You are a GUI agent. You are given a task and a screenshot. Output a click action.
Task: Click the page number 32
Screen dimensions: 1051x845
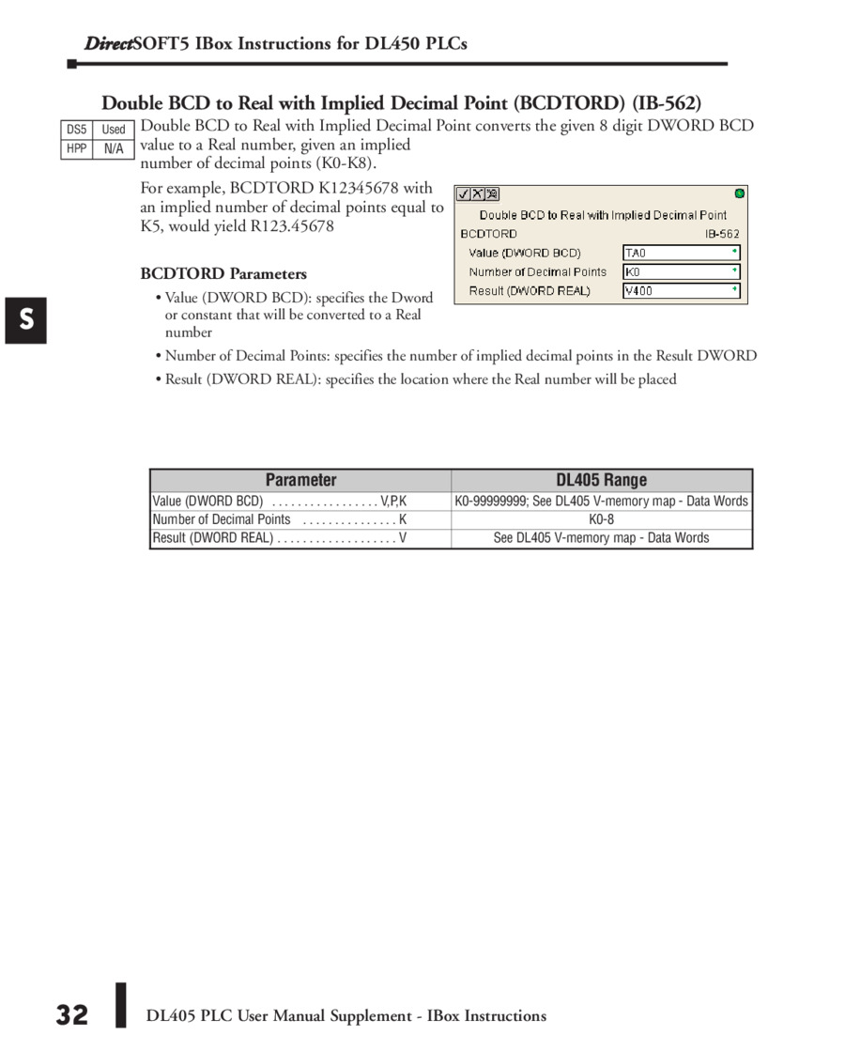click(x=71, y=1015)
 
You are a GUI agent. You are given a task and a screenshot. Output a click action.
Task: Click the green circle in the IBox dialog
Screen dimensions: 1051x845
click(x=739, y=193)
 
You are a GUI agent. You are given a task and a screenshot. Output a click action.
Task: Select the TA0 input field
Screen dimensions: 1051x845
click(x=681, y=253)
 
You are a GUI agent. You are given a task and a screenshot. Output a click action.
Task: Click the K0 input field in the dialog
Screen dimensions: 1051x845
click(x=681, y=271)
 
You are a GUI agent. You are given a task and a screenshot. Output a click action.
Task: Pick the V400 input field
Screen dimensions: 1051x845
click(x=681, y=291)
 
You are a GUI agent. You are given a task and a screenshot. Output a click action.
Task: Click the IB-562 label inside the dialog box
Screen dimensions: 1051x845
click(x=722, y=233)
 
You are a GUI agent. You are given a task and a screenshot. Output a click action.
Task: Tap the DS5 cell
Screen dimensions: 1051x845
click(x=76, y=130)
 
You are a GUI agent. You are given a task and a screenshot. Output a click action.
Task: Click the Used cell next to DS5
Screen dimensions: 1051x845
click(x=114, y=130)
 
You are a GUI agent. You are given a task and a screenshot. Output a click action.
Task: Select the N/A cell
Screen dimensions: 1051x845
click(x=114, y=149)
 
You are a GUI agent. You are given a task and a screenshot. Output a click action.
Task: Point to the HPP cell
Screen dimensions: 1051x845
click(x=76, y=149)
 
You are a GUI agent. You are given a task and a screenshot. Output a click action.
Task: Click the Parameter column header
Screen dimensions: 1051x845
click(x=300, y=480)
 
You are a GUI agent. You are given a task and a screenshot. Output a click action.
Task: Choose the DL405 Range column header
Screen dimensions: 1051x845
click(x=601, y=480)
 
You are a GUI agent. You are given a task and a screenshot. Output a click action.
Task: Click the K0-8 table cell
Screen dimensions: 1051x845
click(x=601, y=519)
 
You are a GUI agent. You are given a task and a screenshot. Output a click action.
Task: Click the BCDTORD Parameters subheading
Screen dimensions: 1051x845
click(x=223, y=274)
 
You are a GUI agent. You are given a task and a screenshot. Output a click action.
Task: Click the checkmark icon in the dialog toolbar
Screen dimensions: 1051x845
click(x=464, y=194)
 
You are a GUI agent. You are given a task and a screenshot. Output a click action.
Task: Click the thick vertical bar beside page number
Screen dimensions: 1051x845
click(x=120, y=1005)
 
